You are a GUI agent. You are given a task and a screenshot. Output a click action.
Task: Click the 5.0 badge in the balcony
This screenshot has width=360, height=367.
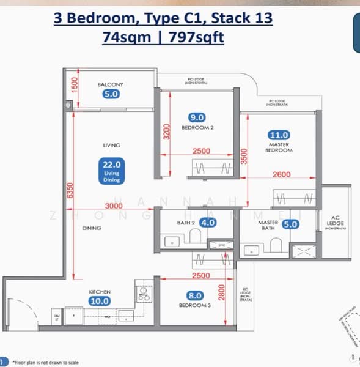point(111,94)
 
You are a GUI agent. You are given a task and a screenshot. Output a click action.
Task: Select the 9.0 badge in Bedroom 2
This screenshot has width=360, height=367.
point(197,117)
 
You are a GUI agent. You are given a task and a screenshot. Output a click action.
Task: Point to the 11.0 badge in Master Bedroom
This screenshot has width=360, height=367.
point(279,135)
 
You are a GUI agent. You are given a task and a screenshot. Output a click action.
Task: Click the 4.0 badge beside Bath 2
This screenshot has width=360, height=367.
point(208,223)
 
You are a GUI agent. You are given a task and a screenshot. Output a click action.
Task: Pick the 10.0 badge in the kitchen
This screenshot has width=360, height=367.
point(100,301)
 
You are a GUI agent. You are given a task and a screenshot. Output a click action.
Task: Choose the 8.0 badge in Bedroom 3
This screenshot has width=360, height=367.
point(195,296)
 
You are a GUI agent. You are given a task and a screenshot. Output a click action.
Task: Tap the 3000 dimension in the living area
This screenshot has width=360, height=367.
point(114,206)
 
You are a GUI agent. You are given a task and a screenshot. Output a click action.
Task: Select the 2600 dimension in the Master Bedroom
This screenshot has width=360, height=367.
point(282,174)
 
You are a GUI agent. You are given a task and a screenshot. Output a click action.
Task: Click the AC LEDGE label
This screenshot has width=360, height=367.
point(335,220)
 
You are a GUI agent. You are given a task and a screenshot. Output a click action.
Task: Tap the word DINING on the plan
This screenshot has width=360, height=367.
point(92,228)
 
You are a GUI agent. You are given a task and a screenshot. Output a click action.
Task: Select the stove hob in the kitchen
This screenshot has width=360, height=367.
point(145,294)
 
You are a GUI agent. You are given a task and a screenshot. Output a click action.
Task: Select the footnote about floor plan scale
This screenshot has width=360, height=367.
point(45,363)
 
